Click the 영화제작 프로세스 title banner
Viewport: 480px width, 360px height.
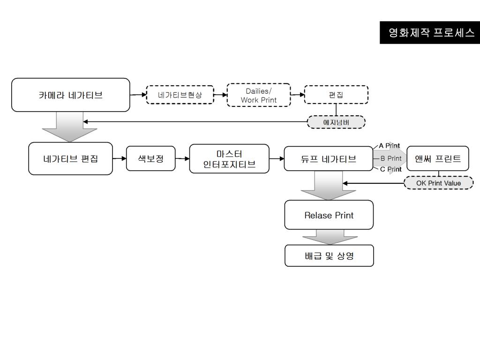click(x=430, y=32)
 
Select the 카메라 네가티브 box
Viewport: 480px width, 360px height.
click(x=70, y=95)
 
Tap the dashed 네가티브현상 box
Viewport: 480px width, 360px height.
click(x=180, y=95)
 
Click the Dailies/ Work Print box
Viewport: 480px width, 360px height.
click(x=259, y=95)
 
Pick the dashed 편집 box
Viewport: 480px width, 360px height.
click(x=336, y=95)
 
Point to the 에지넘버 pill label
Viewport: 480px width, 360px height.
click(x=336, y=122)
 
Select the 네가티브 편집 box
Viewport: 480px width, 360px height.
click(x=70, y=158)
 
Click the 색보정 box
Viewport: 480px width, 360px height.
click(x=150, y=158)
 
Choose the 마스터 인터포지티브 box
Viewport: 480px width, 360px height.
click(x=229, y=158)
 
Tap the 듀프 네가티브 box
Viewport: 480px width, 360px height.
click(x=328, y=158)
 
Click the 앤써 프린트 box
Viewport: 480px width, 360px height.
click(x=438, y=158)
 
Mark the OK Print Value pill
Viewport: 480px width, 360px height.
click(x=438, y=183)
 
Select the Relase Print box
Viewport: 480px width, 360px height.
click(x=329, y=215)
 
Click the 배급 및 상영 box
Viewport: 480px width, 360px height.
click(x=329, y=256)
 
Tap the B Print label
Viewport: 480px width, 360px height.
click(x=391, y=158)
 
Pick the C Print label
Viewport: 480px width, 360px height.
click(x=390, y=169)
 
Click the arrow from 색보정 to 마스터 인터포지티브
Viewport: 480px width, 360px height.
click(x=182, y=158)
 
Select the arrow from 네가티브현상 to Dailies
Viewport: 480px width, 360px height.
click(x=220, y=95)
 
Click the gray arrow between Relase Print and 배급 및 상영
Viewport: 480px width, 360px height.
click(x=330, y=237)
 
